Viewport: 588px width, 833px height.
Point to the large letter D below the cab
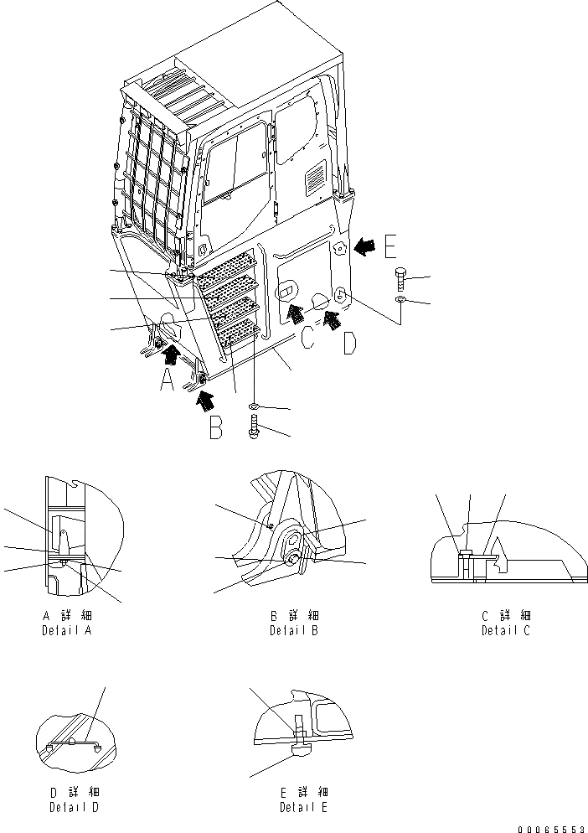tap(351, 344)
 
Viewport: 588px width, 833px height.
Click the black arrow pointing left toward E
tap(364, 246)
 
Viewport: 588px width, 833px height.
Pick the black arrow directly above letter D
tap(332, 318)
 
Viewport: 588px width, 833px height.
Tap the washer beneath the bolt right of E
tap(400, 299)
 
